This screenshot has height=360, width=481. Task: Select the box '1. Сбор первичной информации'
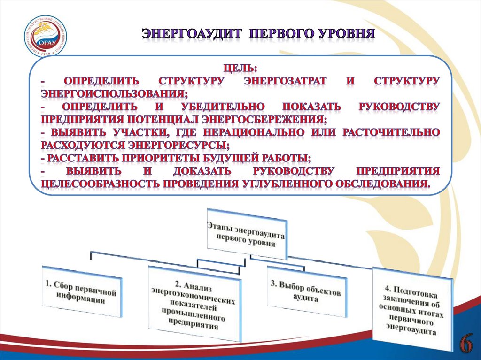pyautogui.click(x=82, y=291)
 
